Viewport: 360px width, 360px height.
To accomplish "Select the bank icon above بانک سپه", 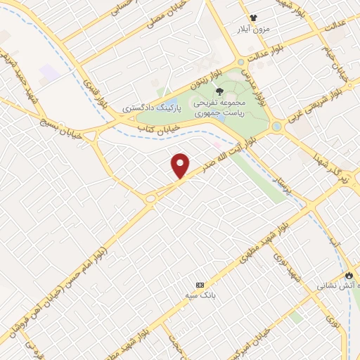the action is tap(200, 285).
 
